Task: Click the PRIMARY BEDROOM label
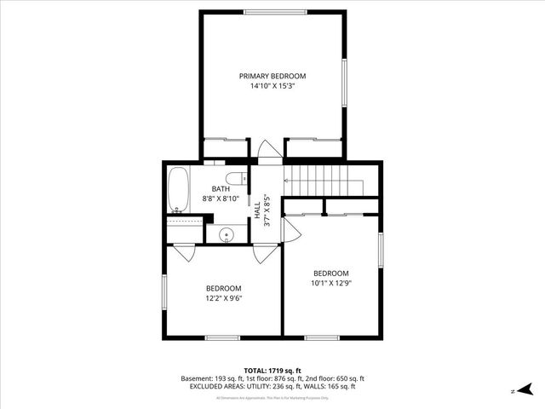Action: tap(272, 76)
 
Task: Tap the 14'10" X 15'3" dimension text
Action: tap(272, 86)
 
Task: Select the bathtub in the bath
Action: tap(179, 190)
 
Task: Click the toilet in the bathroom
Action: tap(242, 178)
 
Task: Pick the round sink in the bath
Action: tap(227, 236)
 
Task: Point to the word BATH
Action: tap(221, 188)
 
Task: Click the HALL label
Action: tap(257, 210)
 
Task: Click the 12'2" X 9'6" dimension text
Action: tap(223, 298)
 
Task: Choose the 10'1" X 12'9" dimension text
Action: tap(331, 283)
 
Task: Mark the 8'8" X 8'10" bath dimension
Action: tap(221, 199)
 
